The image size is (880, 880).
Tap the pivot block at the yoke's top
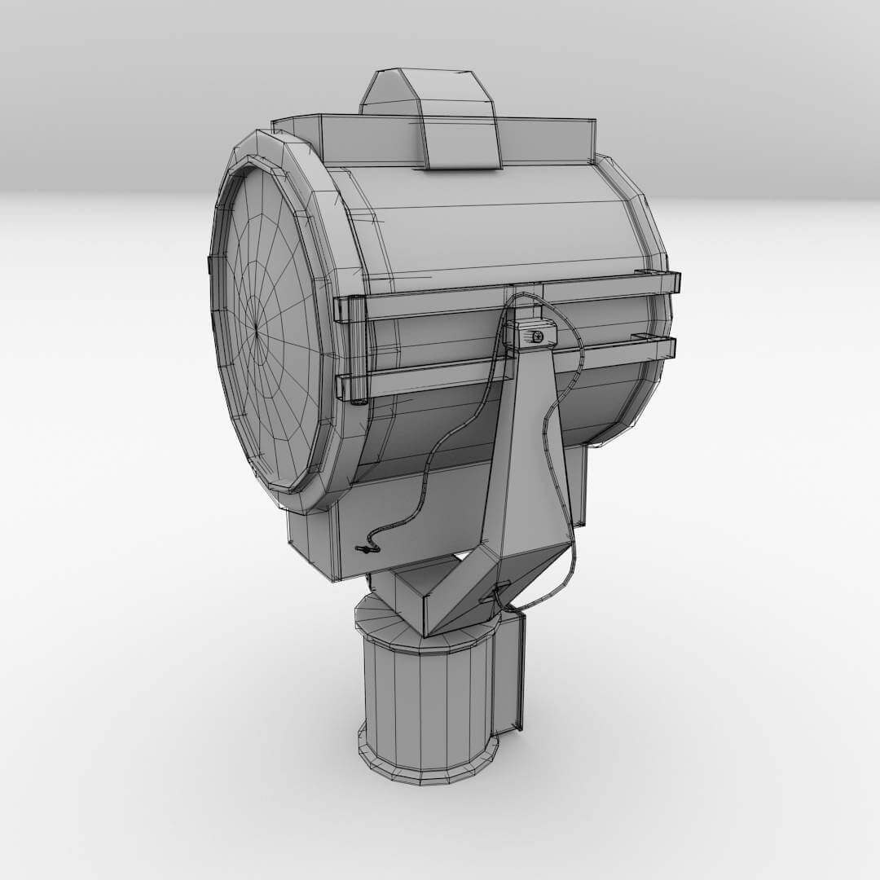click(530, 334)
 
